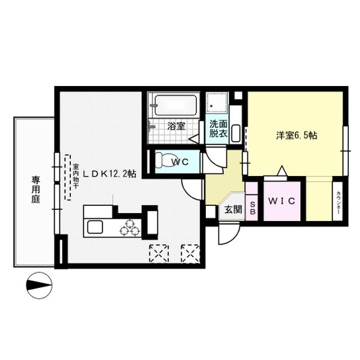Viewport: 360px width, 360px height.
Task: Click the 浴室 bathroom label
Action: [x=176, y=126]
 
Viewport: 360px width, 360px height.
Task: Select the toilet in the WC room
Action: [x=164, y=160]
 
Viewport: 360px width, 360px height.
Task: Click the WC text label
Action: [x=181, y=162]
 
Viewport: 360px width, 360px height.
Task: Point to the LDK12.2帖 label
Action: [x=110, y=174]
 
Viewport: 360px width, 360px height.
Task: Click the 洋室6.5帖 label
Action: [x=296, y=136]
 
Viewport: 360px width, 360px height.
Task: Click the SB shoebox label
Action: [x=253, y=208]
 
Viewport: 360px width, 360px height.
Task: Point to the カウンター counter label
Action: [x=339, y=201]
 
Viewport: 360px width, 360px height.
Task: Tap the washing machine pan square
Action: [x=217, y=102]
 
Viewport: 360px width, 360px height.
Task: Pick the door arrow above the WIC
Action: [x=282, y=170]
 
